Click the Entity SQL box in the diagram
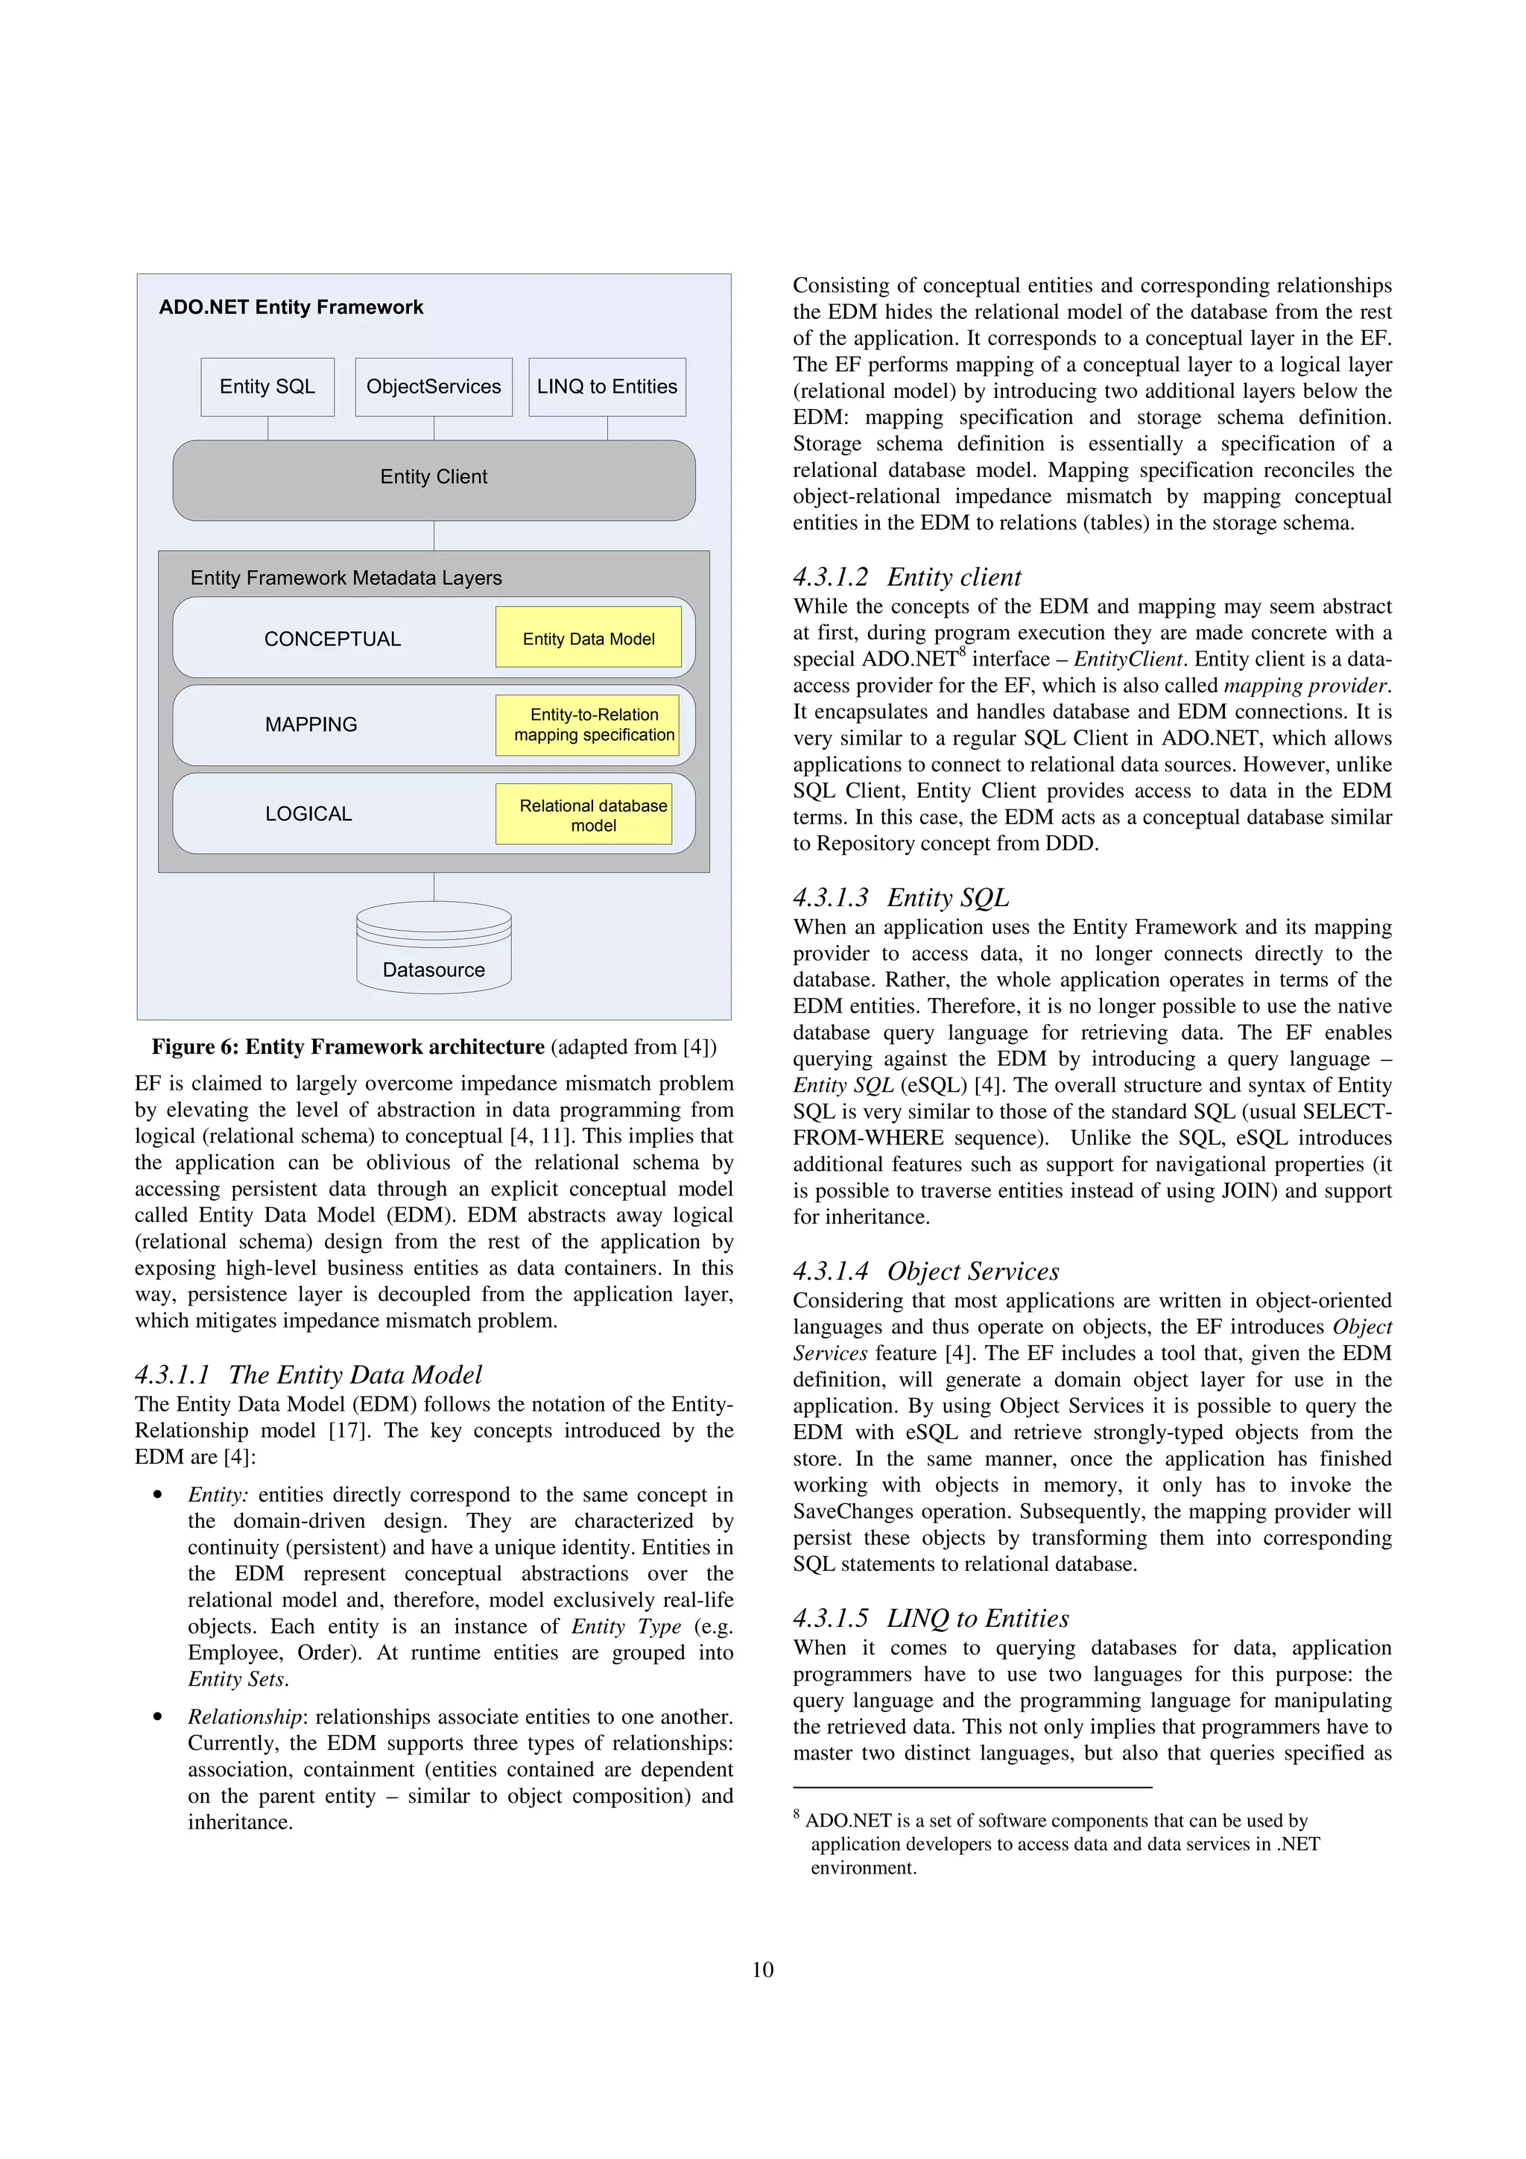267,387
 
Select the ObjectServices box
434,387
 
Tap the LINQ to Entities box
607,387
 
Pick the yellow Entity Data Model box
588,639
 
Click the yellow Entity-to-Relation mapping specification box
593,724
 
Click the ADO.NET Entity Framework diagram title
291,308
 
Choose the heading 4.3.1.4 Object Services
925,1271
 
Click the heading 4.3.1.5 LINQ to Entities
930,1618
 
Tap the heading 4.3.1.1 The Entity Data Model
308,1375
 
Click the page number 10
762,1970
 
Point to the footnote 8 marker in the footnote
797,1814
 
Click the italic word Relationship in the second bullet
244,1717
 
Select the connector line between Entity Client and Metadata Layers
434,535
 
